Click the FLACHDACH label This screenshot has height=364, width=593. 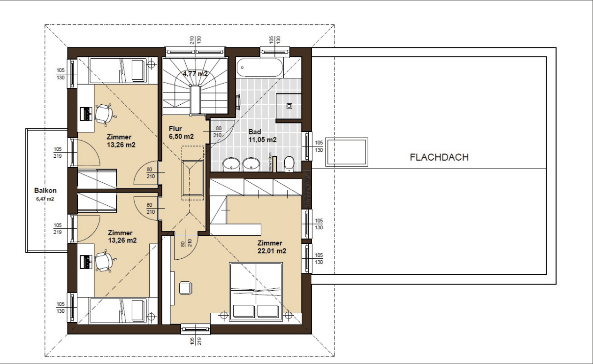(x=439, y=157)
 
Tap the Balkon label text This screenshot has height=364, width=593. (x=46, y=191)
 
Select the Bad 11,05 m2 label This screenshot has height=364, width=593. (x=262, y=136)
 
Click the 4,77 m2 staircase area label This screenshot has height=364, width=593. (x=195, y=73)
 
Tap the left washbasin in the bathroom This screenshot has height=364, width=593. (x=230, y=164)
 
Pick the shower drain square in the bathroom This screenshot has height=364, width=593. (x=289, y=106)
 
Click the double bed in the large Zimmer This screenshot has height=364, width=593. (x=256, y=292)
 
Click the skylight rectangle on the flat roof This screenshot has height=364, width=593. (x=348, y=152)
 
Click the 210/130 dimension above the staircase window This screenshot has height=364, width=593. (x=196, y=40)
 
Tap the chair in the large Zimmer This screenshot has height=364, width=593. (x=185, y=287)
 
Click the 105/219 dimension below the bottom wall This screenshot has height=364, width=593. (x=195, y=341)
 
